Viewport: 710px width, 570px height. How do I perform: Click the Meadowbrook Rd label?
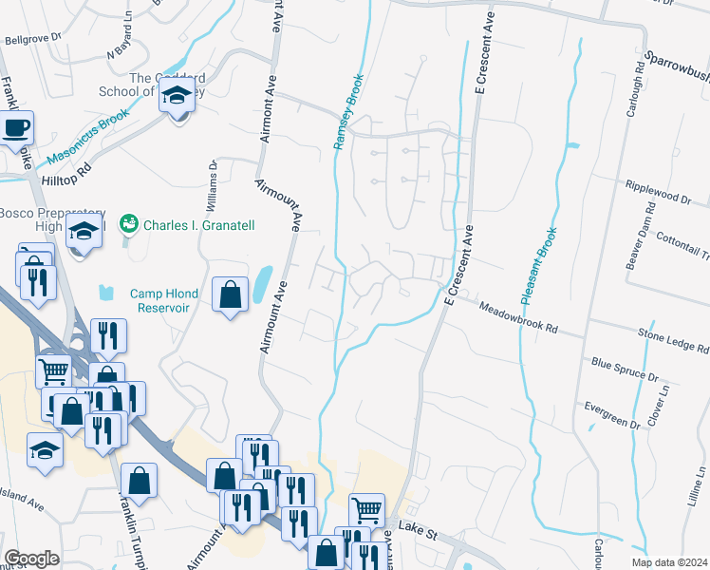click(x=517, y=317)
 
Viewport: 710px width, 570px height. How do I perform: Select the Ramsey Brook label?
click(x=348, y=112)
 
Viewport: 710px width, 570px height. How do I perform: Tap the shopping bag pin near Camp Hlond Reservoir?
click(x=230, y=295)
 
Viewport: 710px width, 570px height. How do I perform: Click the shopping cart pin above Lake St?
click(x=366, y=509)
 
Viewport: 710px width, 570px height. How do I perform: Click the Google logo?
click(x=31, y=558)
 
